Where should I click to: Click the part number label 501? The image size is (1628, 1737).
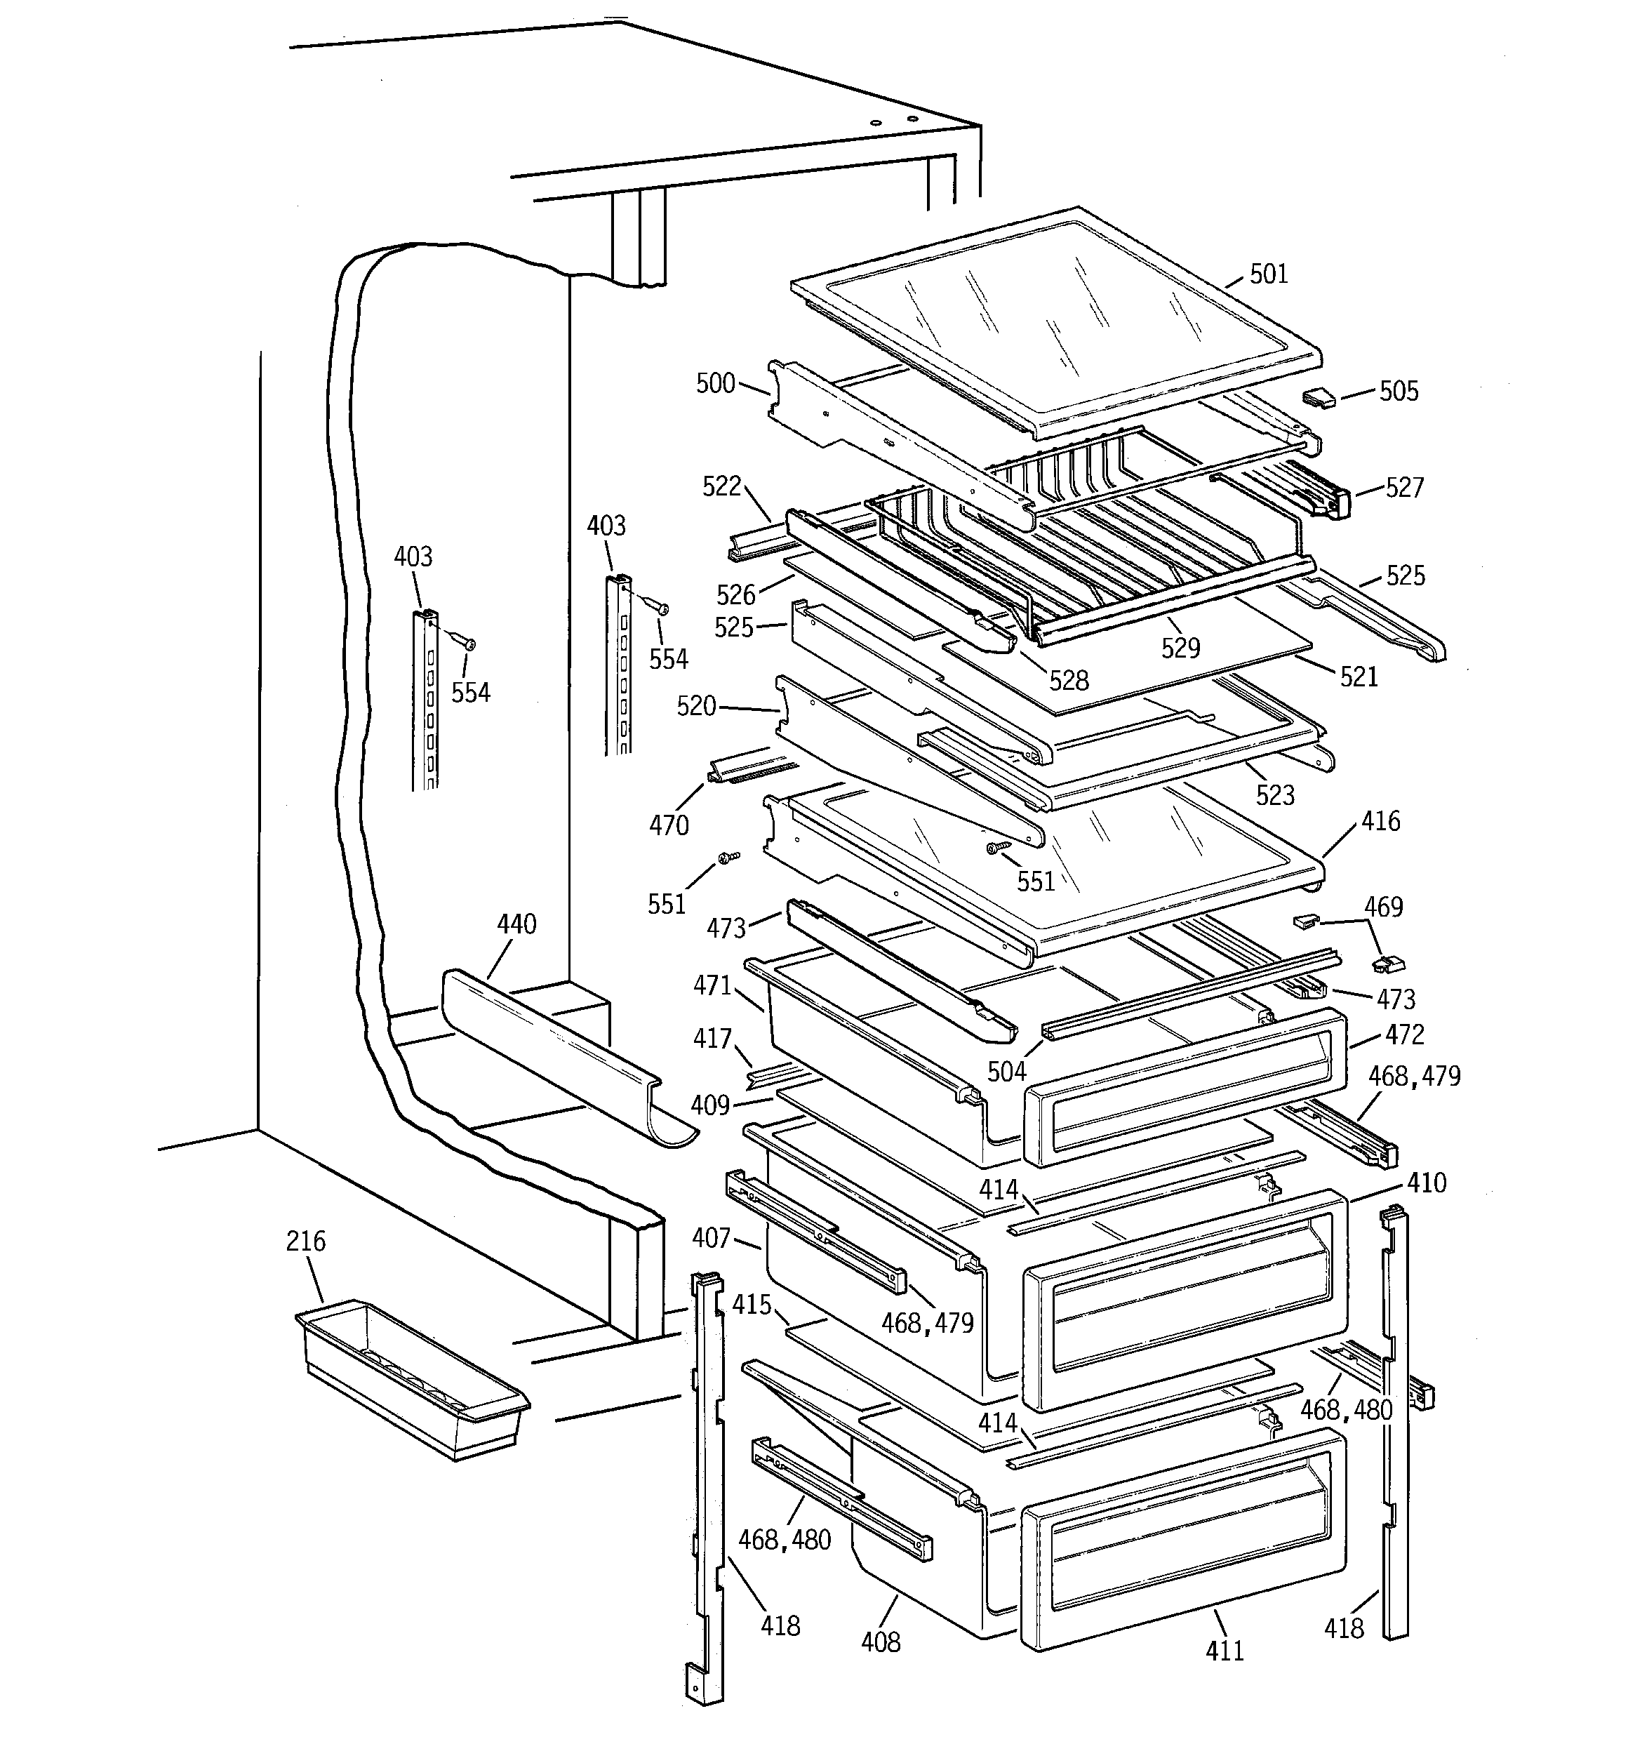click(x=1269, y=274)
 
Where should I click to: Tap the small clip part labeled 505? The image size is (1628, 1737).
click(x=1319, y=399)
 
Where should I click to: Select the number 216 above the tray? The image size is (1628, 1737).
click(x=306, y=1241)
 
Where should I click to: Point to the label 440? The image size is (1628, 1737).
click(x=516, y=924)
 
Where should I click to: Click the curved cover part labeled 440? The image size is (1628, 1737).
click(x=559, y=1057)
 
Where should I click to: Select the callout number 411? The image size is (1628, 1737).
click(x=1225, y=1650)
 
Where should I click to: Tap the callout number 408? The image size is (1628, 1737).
click(x=880, y=1642)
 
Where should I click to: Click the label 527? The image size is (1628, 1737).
click(x=1404, y=488)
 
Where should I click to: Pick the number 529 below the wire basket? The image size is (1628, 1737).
click(x=1180, y=648)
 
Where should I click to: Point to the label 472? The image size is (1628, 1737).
click(x=1404, y=1034)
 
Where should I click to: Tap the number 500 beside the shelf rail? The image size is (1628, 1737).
click(x=715, y=384)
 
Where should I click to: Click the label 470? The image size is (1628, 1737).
click(x=669, y=825)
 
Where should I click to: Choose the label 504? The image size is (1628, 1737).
click(x=1007, y=1071)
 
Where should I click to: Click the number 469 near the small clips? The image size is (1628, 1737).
click(x=1383, y=907)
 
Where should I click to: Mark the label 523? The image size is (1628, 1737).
click(x=1275, y=795)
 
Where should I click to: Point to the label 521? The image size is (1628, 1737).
click(x=1359, y=677)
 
